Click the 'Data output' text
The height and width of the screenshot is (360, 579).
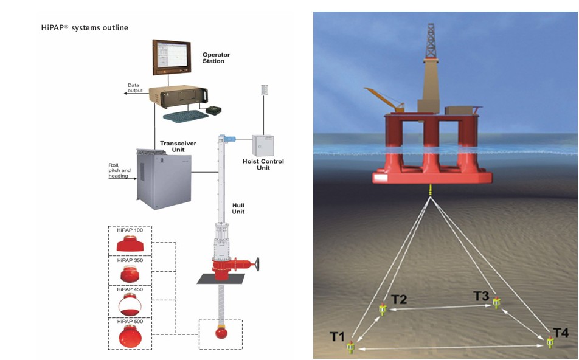(x=135, y=88)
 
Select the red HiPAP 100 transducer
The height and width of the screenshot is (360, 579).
(x=130, y=244)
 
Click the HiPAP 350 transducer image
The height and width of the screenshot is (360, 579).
(x=129, y=273)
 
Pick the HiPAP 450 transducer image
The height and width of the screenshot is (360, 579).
(x=129, y=303)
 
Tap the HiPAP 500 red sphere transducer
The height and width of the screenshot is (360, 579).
(x=129, y=334)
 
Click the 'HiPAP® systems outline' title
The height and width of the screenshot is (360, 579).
(x=85, y=28)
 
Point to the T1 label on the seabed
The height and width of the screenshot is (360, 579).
(x=337, y=336)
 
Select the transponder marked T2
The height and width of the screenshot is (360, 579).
(x=383, y=310)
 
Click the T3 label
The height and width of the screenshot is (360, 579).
(x=481, y=296)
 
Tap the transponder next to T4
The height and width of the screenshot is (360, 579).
(x=550, y=343)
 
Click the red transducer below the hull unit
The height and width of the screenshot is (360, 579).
(x=221, y=334)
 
